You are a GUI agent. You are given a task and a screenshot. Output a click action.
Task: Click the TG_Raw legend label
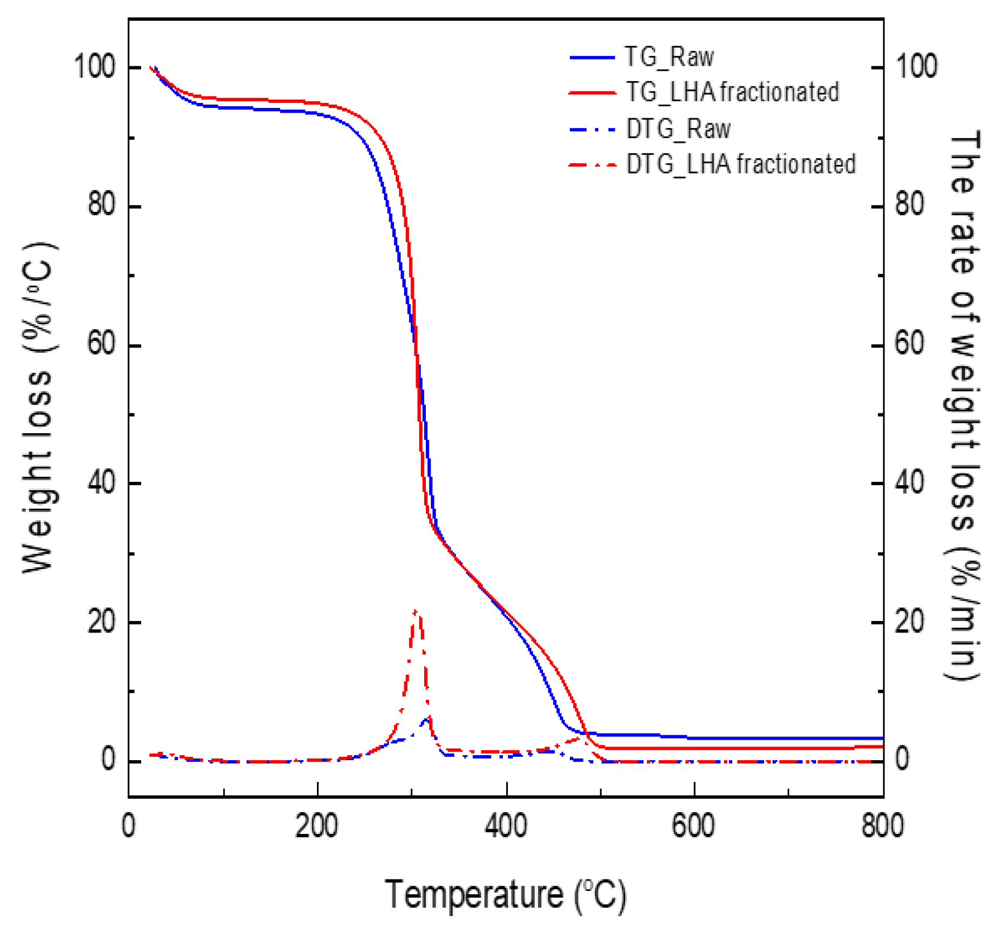(669, 57)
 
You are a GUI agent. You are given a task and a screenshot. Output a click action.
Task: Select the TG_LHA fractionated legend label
(732, 92)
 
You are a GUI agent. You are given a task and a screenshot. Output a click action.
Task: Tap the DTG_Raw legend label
(678, 129)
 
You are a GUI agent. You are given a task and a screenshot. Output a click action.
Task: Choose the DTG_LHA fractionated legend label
(741, 164)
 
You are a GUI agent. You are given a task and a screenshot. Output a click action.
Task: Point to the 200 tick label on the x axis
(316, 825)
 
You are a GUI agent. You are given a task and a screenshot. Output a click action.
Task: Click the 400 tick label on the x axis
(506, 825)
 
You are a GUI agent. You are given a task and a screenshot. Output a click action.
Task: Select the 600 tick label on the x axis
(693, 825)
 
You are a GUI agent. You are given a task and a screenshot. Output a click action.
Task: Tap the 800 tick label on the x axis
(882, 825)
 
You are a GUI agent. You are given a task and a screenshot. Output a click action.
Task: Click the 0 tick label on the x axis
(129, 825)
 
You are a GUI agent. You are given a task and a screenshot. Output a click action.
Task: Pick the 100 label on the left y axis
(95, 67)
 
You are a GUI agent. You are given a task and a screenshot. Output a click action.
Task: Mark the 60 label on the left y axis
(102, 345)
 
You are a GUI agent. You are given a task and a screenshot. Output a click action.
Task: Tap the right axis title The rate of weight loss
(962, 405)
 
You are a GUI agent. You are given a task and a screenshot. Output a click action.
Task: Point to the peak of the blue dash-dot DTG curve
(427, 718)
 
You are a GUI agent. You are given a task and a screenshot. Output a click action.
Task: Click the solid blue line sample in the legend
(592, 57)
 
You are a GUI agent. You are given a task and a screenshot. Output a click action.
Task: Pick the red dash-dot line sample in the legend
(592, 164)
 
